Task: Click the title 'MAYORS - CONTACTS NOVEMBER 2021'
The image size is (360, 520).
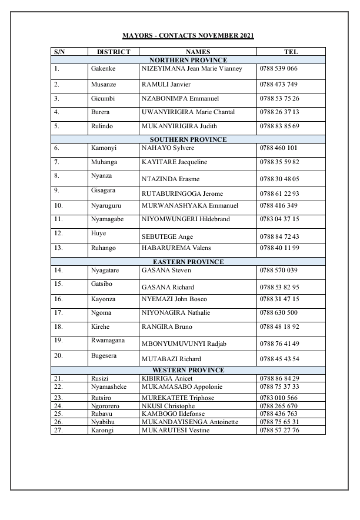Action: [188, 36]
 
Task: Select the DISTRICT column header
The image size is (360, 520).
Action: [113, 52]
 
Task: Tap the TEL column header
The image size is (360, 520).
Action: [291, 52]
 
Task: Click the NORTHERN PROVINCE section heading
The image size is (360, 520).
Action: [188, 60]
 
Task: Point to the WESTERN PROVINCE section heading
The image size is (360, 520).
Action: [188, 370]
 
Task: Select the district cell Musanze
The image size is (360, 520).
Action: [104, 84]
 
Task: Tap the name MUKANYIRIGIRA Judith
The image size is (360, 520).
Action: [176, 126]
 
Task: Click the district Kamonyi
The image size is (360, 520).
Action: [104, 148]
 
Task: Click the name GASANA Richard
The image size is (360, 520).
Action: [164, 287]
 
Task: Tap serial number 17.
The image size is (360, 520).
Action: [58, 312]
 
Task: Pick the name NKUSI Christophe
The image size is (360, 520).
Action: [168, 406]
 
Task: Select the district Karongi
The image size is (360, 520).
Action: [102, 430]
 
